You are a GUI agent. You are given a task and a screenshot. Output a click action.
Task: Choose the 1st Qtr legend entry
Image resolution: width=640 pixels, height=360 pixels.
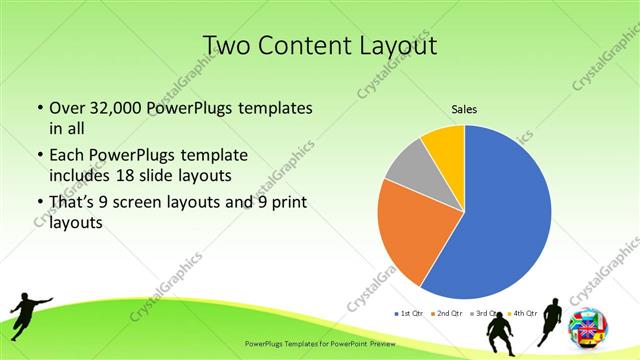pyautogui.click(x=409, y=313)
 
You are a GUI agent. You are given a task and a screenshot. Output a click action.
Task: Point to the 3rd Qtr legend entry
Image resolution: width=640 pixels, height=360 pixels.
pyautogui.click(x=484, y=313)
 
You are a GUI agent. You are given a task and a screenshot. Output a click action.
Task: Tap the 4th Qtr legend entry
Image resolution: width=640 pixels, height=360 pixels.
pyautogui.click(x=521, y=313)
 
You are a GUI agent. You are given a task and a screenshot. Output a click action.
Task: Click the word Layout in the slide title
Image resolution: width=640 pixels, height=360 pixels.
pyautogui.click(x=399, y=46)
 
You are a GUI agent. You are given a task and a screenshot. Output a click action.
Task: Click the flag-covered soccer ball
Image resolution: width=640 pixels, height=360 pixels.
pyautogui.click(x=587, y=326)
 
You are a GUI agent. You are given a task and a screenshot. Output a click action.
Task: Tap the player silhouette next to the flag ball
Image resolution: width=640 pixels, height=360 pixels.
pyautogui.click(x=551, y=320)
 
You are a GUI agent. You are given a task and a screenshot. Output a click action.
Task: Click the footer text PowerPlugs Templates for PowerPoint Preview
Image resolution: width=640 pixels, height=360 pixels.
pyautogui.click(x=319, y=342)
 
